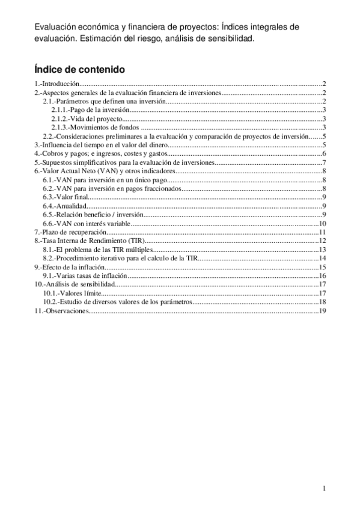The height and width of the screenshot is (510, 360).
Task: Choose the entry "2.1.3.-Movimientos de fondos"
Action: [94, 127]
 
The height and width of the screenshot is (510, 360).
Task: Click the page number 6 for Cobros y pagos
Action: [323, 154]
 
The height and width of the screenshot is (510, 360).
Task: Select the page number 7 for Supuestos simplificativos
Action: [323, 162]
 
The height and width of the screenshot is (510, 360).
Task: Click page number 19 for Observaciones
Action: [322, 311]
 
